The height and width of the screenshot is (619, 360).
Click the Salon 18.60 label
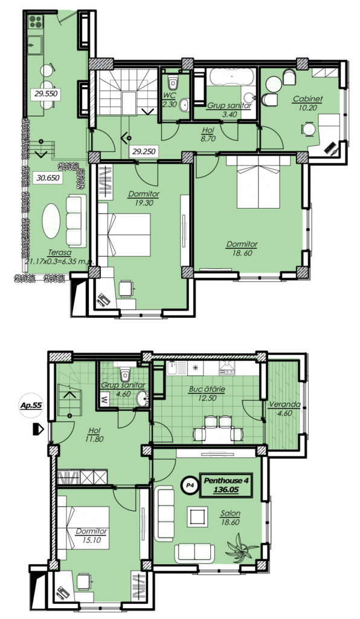tap(230, 517)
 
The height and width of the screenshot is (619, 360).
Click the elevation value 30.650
tap(48, 178)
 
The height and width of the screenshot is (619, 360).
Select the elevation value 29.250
tap(144, 151)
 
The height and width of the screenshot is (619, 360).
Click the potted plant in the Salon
tap(240, 545)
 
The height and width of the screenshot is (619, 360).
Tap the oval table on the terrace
tap(51, 221)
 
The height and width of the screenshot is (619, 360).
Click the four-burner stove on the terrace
tap(35, 21)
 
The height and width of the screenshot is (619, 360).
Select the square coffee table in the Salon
tap(196, 515)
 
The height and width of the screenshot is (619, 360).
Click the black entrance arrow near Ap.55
tap(38, 429)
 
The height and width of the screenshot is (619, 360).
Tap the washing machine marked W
tap(104, 398)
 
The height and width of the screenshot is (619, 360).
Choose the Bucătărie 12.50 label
tap(207, 394)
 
